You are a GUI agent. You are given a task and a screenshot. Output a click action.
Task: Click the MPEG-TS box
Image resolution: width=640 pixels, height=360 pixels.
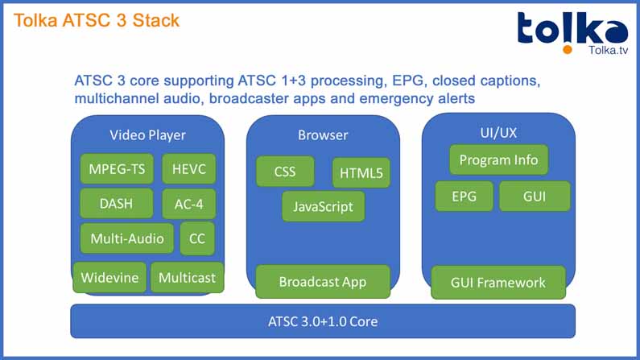pyautogui.click(x=117, y=170)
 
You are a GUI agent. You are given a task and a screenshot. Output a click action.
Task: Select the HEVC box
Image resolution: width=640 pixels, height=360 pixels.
pyautogui.click(x=188, y=170)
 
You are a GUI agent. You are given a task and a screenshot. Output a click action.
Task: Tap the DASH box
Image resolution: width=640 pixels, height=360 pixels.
pyautogui.click(x=116, y=204)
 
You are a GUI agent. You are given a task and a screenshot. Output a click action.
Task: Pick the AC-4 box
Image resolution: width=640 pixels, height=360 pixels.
pyautogui.click(x=188, y=204)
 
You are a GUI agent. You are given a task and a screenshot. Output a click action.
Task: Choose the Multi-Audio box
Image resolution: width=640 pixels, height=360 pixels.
pyautogui.click(x=127, y=238)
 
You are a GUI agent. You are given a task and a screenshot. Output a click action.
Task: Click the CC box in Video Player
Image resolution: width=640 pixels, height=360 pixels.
pyautogui.click(x=197, y=238)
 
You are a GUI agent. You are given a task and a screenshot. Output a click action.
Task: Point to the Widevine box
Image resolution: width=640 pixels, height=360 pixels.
pyautogui.click(x=109, y=278)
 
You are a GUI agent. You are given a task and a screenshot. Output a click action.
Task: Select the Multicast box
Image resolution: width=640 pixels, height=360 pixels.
pyautogui.click(x=187, y=278)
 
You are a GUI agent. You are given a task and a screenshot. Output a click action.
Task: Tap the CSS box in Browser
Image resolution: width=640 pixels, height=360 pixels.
pyautogui.click(x=285, y=172)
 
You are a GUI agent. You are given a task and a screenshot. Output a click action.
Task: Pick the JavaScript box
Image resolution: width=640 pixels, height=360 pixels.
pyautogui.click(x=323, y=206)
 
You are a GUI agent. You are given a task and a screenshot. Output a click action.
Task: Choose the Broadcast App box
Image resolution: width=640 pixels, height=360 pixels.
pyautogui.click(x=322, y=281)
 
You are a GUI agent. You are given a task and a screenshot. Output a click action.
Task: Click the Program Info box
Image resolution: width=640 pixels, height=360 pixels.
pyautogui.click(x=498, y=159)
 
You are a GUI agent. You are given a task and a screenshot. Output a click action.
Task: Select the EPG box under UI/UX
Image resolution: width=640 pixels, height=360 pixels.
pyautogui.click(x=463, y=197)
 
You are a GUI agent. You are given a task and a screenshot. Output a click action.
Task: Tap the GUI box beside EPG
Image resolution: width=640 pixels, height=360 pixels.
pyautogui.click(x=535, y=197)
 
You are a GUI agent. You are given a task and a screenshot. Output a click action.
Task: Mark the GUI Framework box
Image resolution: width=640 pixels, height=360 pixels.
pyautogui.click(x=498, y=282)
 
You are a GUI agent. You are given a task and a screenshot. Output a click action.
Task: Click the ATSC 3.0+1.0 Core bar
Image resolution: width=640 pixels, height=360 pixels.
pyautogui.click(x=323, y=321)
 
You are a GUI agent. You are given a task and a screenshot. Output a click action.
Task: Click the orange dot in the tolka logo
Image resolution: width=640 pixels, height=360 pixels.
pyautogui.click(x=568, y=49)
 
